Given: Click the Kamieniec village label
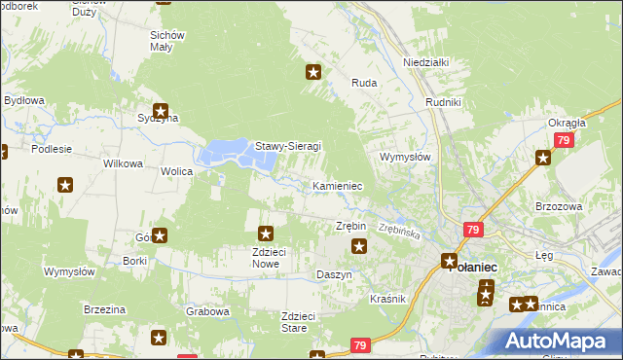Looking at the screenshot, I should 338,185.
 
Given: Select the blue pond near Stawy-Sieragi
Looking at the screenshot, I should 227,152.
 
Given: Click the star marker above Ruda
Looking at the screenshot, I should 313,71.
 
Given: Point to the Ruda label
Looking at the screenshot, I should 364,84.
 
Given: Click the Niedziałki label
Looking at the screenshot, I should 425,61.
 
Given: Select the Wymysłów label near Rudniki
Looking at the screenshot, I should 404,156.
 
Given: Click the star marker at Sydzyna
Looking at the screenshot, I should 161,112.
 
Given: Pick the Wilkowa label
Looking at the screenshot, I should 124,163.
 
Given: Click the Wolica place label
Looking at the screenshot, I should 177,171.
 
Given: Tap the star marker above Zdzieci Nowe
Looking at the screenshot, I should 265,234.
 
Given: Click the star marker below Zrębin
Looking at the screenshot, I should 358,246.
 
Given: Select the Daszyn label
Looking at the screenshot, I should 334,275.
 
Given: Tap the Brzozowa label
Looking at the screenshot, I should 559,206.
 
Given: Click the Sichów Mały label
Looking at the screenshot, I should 167,40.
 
